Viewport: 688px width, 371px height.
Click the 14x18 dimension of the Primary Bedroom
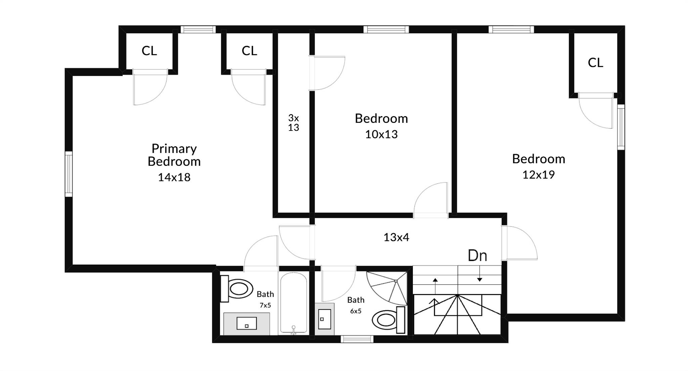click(x=174, y=177)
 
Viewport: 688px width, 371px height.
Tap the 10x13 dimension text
click(x=381, y=134)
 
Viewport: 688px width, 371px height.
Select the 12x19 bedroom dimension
click(x=539, y=175)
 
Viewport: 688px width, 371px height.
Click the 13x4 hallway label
click(x=396, y=237)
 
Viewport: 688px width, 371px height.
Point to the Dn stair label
click(x=477, y=256)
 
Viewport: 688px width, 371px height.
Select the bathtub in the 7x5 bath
click(x=293, y=303)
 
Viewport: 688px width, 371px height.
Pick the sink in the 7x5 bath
click(x=247, y=324)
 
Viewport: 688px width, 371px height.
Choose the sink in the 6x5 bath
click(x=325, y=319)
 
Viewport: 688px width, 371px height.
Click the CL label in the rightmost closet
click(x=595, y=63)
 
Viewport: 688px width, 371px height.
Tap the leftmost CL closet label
click(x=149, y=51)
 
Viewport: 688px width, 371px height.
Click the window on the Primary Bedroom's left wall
click(x=69, y=174)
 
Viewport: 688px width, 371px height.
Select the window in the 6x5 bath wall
click(x=357, y=339)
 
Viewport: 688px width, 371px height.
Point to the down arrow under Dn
click(x=480, y=274)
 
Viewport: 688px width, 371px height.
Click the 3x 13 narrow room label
click(x=294, y=122)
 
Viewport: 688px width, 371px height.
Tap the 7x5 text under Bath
click(x=265, y=305)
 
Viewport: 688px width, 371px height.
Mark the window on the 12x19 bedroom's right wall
click(x=621, y=127)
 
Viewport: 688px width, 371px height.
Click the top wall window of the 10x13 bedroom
click(x=386, y=29)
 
